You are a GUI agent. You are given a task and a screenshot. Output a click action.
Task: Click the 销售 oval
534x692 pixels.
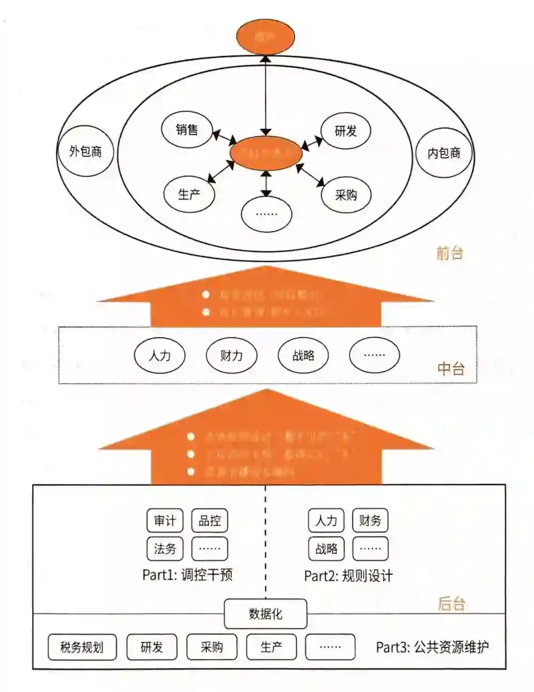click(186, 129)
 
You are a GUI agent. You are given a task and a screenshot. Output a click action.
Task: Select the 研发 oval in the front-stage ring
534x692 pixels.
click(345, 130)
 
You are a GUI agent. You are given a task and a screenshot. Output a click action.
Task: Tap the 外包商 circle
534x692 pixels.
click(85, 151)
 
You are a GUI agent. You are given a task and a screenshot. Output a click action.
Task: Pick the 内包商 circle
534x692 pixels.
click(444, 153)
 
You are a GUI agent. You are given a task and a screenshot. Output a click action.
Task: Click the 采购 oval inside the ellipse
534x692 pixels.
click(345, 195)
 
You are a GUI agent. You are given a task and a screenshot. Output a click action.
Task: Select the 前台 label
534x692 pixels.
click(450, 253)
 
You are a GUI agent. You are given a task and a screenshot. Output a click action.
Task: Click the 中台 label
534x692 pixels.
click(451, 368)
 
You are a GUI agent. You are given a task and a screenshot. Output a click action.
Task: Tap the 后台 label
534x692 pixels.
click(451, 604)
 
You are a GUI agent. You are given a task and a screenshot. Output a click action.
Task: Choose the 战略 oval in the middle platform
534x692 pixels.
click(303, 355)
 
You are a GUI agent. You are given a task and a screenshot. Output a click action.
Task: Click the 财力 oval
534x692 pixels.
click(231, 355)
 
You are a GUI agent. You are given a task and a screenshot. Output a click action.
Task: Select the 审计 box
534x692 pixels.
click(164, 521)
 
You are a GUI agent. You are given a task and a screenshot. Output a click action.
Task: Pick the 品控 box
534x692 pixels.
click(209, 521)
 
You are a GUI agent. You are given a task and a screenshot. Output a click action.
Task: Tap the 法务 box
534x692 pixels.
click(164, 549)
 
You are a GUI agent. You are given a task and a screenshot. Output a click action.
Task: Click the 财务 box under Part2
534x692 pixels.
click(370, 520)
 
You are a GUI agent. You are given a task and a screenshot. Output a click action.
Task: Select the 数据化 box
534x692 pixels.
click(265, 614)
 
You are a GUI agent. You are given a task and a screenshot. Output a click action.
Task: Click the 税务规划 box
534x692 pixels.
click(82, 647)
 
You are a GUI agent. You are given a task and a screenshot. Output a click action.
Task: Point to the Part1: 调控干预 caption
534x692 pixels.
click(187, 575)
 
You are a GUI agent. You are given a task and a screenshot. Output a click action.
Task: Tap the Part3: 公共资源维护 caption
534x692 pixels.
click(432, 647)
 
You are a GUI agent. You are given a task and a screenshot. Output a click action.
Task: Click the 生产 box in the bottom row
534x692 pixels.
click(271, 647)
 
